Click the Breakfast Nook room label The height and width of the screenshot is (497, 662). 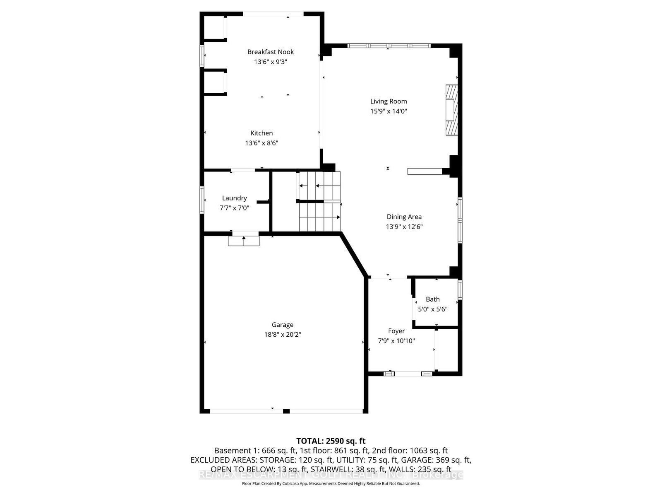coord(271,52)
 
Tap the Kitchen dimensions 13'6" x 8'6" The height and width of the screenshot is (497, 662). coord(261,143)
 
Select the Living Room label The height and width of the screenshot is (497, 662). coord(389,101)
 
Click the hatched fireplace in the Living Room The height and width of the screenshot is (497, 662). coord(451,110)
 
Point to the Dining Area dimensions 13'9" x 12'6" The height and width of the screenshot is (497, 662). coord(404,227)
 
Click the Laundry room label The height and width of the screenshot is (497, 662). coord(234,198)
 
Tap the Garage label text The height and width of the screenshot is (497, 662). coord(283,325)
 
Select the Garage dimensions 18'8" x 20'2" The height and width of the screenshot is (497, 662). coord(283,335)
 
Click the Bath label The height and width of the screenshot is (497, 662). coord(433,299)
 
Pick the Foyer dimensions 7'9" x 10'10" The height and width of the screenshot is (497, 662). coord(396,341)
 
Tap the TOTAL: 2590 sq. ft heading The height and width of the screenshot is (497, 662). coord(331,441)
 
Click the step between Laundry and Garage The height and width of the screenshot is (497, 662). coord(244,241)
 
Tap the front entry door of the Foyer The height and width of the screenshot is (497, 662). coord(408,374)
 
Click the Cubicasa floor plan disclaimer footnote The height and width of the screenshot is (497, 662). coord(331,484)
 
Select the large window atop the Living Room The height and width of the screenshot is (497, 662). coord(389,46)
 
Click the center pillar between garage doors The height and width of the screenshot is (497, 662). coord(286,411)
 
